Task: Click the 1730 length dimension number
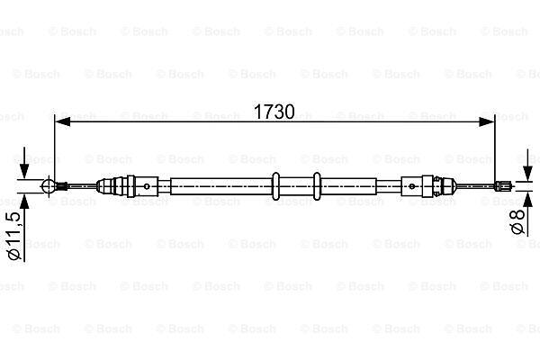click(x=274, y=112)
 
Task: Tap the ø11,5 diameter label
click(x=14, y=236)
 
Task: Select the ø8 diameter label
click(x=517, y=221)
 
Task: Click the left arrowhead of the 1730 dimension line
click(x=63, y=121)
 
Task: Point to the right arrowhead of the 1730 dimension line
click(x=487, y=121)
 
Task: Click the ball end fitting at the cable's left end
click(x=49, y=186)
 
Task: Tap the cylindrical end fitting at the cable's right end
click(x=502, y=186)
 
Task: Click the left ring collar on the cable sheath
click(x=275, y=186)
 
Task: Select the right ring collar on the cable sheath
click(x=317, y=186)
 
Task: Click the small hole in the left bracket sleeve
click(x=147, y=186)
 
